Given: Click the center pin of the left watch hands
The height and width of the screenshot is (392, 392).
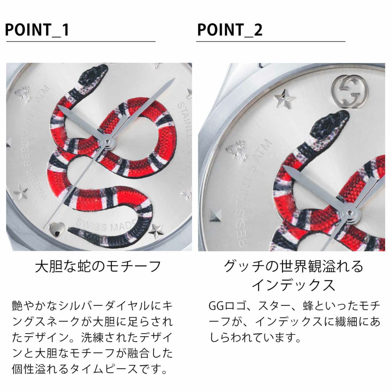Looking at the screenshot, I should [107, 141].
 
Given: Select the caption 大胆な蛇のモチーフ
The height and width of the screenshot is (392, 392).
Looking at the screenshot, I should [98, 267].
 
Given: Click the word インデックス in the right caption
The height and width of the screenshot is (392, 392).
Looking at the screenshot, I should [293, 285].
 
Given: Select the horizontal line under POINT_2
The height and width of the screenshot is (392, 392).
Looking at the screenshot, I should [270, 42].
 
